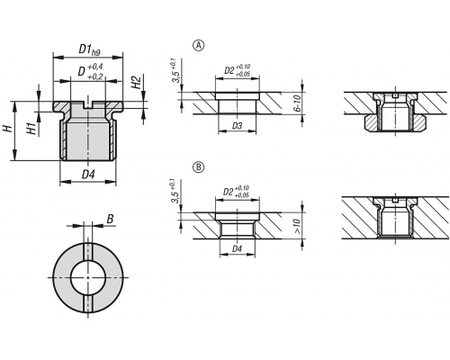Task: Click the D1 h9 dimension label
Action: (x=89, y=49)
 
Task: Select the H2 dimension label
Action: (x=137, y=82)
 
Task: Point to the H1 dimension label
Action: (x=31, y=128)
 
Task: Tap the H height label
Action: (x=7, y=129)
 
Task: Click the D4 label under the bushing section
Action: (x=88, y=175)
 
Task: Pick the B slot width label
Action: (x=110, y=220)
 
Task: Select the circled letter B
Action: (x=198, y=167)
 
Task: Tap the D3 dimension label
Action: (x=237, y=126)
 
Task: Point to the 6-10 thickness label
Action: (x=297, y=104)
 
